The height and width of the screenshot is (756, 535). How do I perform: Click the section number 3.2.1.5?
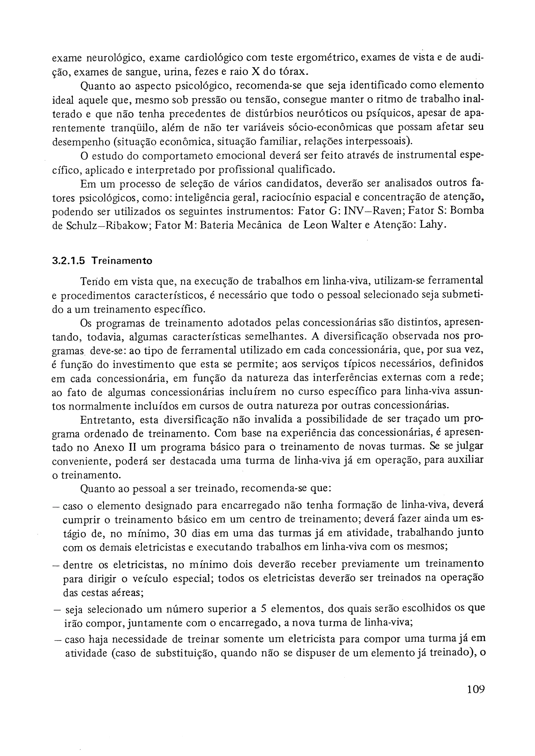(68, 261)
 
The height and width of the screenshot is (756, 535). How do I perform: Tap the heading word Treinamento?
(122, 261)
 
